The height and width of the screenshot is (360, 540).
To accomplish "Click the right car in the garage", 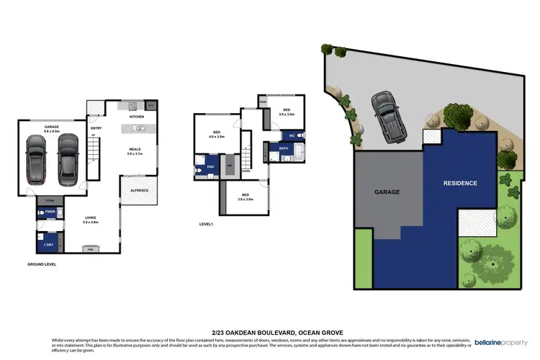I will (x=66, y=156).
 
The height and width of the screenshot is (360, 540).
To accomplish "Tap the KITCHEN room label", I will (x=137, y=116).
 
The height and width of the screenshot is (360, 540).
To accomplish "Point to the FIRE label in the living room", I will (x=90, y=248).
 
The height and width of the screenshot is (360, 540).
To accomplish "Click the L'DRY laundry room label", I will (x=50, y=246).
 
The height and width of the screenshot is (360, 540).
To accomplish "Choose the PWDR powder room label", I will (x=50, y=212).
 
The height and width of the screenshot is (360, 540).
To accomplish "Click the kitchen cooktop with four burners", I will (x=133, y=105).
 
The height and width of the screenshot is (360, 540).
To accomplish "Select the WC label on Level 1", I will (x=292, y=135).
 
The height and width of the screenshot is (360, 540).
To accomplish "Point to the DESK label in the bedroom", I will (x=263, y=102).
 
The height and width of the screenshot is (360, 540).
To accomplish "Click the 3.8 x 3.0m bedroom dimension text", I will (x=246, y=199).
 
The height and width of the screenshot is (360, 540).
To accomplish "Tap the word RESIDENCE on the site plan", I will (x=459, y=184).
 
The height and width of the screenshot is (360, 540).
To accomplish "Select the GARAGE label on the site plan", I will (x=387, y=192).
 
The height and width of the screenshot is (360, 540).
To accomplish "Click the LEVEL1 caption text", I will (x=207, y=225).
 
